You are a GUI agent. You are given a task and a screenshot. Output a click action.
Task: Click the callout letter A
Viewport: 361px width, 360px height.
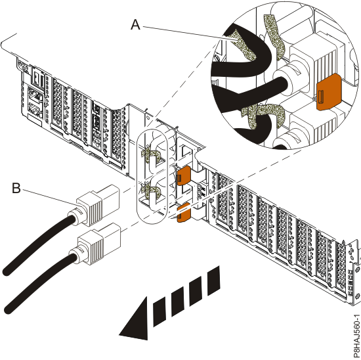[136, 24]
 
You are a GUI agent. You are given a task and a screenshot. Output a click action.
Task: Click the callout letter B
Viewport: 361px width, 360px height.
[16, 188]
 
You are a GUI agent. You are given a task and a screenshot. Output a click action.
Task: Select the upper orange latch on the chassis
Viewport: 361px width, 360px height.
[184, 175]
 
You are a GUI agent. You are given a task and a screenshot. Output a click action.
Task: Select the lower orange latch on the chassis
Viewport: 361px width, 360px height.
[184, 212]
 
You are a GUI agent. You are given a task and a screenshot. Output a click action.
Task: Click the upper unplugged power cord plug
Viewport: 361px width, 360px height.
[96, 206]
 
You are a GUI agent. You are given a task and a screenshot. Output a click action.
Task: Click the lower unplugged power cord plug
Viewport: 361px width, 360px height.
[98, 244]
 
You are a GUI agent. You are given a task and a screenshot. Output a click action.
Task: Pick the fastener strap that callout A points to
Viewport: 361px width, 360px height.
[244, 45]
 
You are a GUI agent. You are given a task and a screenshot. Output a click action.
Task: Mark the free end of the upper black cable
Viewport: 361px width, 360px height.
[7, 271]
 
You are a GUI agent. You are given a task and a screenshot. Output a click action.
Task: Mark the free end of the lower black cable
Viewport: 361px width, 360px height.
[9, 309]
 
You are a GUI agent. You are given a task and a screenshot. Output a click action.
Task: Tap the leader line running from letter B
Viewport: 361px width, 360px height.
[49, 197]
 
